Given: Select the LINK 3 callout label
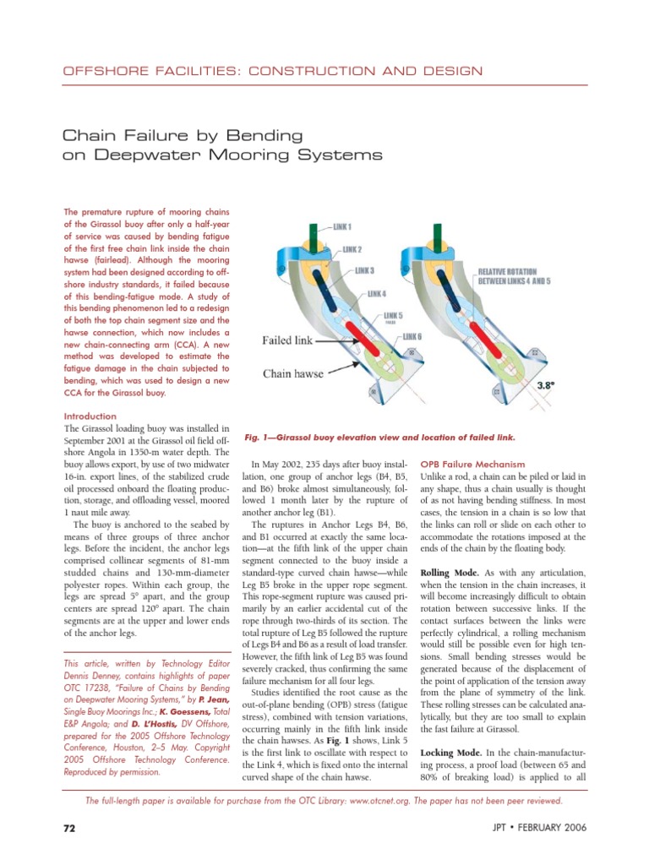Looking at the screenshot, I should tap(364, 270).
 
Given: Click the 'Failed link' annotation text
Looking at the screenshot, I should tap(288, 340).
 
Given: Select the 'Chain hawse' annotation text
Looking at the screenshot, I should tap(292, 372).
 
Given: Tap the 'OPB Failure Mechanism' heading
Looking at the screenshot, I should tap(472, 465).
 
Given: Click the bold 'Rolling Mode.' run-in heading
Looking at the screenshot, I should tap(451, 573).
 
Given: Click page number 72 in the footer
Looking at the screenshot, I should tap(69, 828).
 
